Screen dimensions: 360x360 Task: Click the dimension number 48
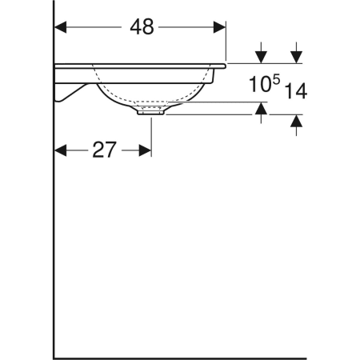click(x=142, y=27)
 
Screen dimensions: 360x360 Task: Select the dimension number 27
click(x=104, y=150)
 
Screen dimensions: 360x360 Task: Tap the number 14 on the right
click(x=295, y=91)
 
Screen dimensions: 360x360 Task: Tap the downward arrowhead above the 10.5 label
click(x=260, y=56)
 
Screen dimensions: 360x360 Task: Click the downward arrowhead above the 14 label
click(x=296, y=56)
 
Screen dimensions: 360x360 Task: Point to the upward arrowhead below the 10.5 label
click(x=260, y=110)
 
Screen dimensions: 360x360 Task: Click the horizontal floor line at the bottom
click(x=176, y=358)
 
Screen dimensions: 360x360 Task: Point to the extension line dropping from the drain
click(x=150, y=136)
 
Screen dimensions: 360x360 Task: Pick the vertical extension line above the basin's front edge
click(x=226, y=40)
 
